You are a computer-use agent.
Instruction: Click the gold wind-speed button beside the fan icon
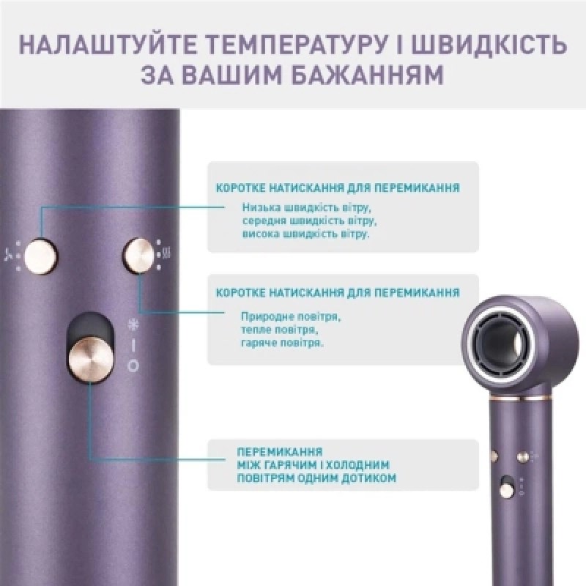click(x=41, y=256)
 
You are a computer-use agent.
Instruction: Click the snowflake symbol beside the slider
click(x=133, y=325)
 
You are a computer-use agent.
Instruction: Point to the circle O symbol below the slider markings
click(x=133, y=366)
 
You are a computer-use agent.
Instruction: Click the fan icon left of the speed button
click(x=9, y=255)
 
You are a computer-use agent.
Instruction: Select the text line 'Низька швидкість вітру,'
click(x=306, y=207)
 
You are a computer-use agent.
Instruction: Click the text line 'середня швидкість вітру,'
click(x=309, y=221)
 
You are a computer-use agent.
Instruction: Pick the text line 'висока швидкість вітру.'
click(x=305, y=234)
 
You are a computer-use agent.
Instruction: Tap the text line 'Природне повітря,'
click(x=291, y=317)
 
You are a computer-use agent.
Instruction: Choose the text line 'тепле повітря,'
click(x=280, y=330)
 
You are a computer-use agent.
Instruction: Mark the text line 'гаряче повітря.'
click(x=282, y=343)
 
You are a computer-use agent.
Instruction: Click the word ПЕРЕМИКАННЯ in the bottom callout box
click(x=280, y=451)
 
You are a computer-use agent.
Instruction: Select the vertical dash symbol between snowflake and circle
click(x=133, y=346)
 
